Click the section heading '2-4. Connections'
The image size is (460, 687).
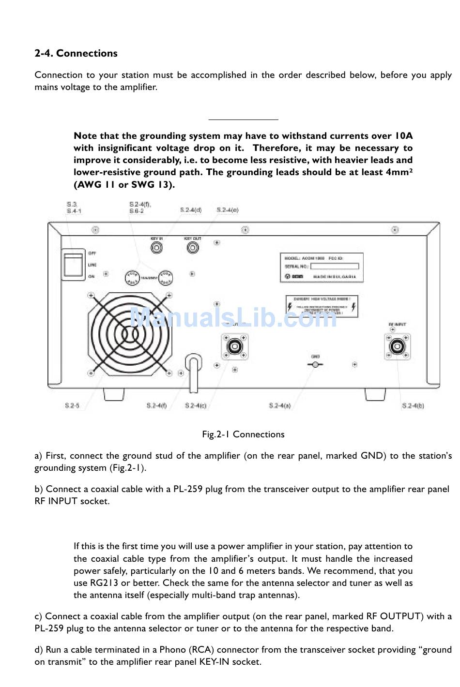[x=76, y=53]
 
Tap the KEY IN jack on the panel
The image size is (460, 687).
[x=156, y=248]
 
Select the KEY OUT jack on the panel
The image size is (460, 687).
[x=193, y=248]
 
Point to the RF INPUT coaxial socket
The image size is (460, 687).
[x=398, y=346]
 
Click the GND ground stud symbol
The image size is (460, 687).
[x=315, y=364]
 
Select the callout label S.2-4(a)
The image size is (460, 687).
[x=280, y=406]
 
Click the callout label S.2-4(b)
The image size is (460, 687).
[x=413, y=406]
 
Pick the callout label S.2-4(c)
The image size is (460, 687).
[x=196, y=406]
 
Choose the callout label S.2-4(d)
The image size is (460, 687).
[x=191, y=210]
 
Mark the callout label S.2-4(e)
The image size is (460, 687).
[x=228, y=210]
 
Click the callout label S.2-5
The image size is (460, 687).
[x=72, y=406]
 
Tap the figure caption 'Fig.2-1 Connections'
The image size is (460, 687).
[x=243, y=434]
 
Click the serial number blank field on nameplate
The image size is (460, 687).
[x=335, y=266]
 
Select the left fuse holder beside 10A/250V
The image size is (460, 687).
[x=132, y=278]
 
